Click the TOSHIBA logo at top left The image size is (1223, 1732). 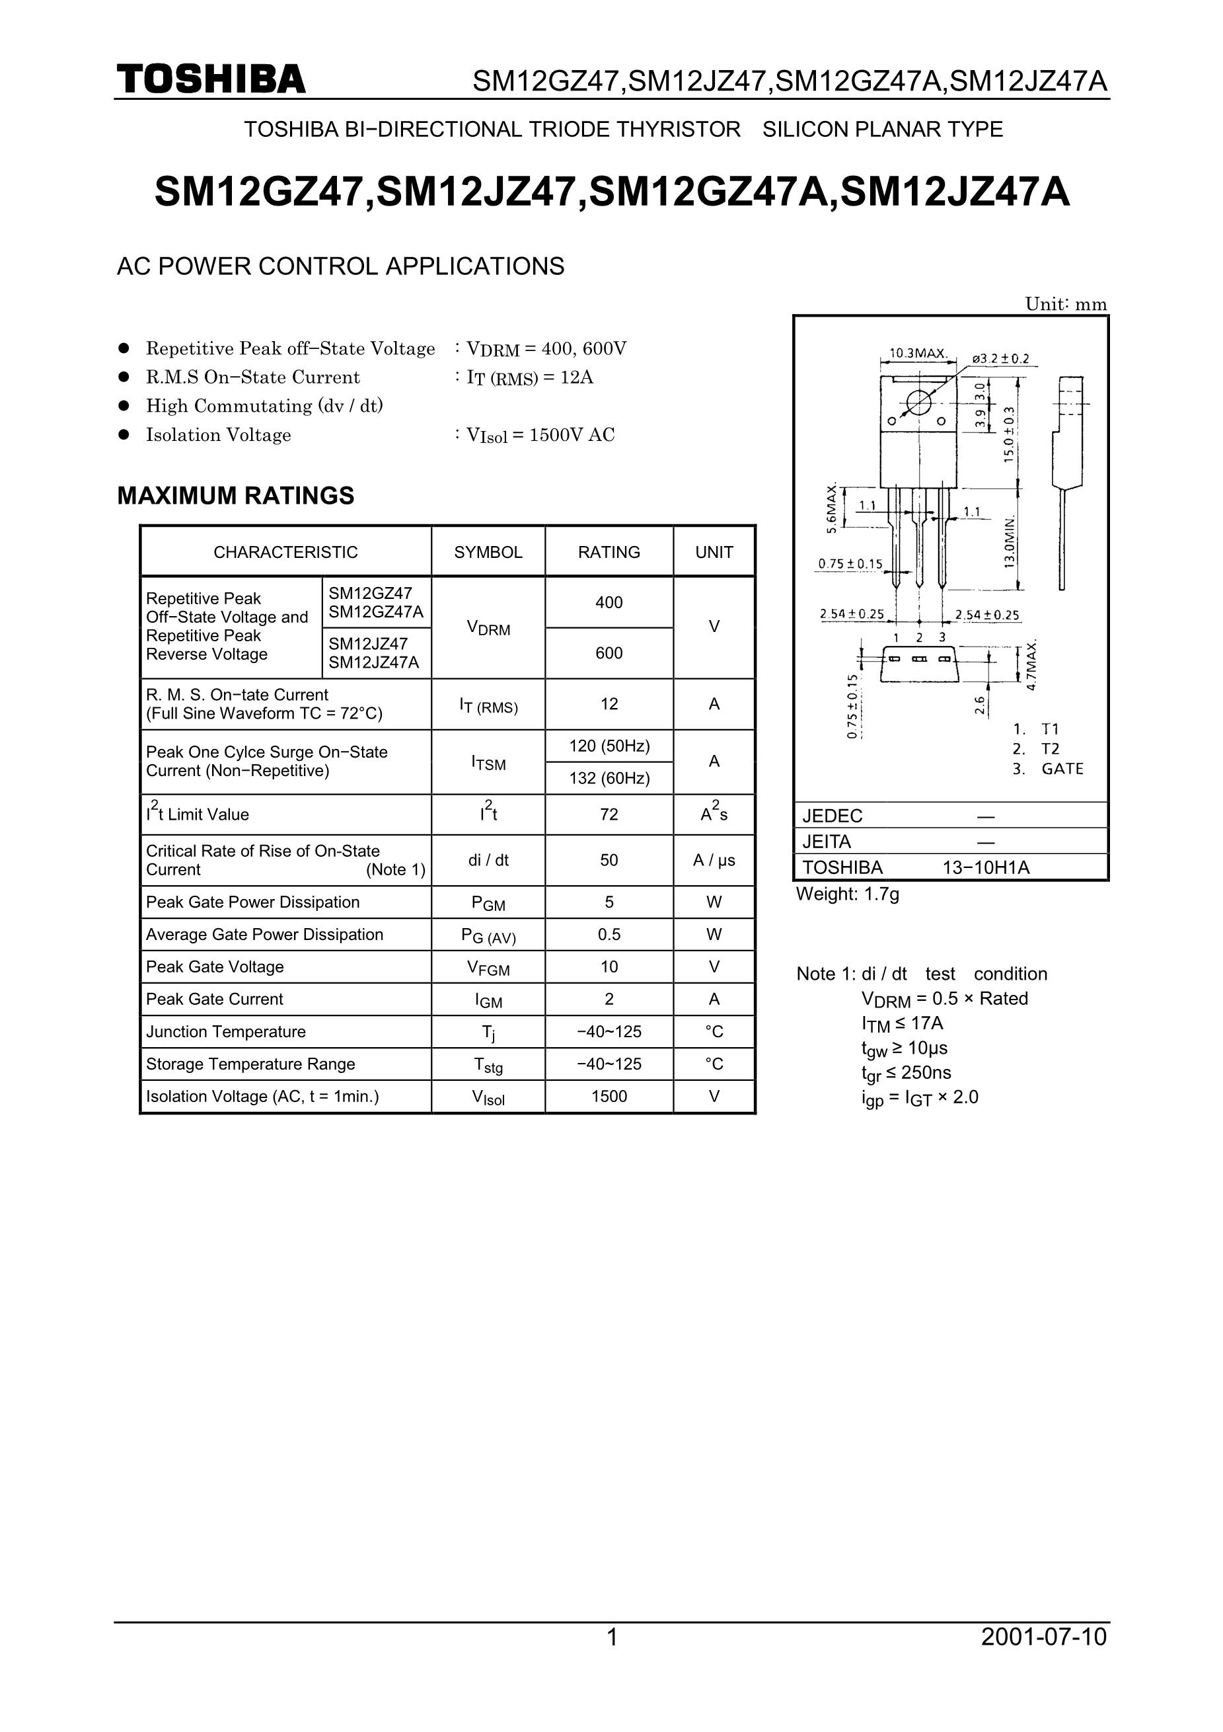pos(211,79)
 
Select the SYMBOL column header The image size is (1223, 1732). pos(488,552)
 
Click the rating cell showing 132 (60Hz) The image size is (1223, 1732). pos(609,777)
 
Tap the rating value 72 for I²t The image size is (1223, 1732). pos(609,814)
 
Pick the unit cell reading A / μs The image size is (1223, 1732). pos(714,860)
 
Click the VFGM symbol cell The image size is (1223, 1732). pos(488,968)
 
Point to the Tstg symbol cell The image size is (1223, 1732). pos(488,1064)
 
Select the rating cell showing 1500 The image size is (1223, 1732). pos(609,1096)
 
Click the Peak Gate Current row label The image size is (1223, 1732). pos(215,999)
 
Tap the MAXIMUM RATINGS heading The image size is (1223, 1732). pos(235,496)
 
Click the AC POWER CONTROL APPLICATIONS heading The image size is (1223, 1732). pos(340,266)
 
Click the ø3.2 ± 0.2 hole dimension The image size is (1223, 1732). pos(1000,359)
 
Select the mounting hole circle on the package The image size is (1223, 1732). pos(918,402)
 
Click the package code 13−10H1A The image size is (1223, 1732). pos(986,867)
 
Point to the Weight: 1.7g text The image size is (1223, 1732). pos(848,894)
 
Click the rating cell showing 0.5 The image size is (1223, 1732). pos(609,935)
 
